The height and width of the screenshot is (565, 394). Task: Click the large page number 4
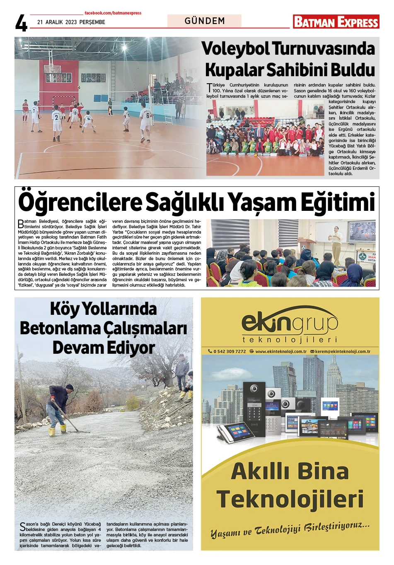(x=21, y=23)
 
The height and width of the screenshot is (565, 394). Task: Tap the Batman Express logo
(x=336, y=22)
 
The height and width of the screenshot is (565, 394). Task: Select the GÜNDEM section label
(x=205, y=21)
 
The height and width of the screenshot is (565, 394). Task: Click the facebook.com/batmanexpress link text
(x=113, y=13)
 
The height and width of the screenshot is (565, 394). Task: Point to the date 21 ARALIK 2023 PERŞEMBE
(x=71, y=22)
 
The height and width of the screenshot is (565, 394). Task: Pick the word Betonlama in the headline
(x=58, y=328)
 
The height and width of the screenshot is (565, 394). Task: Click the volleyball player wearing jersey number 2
(x=57, y=121)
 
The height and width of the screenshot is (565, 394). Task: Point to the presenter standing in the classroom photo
(x=336, y=244)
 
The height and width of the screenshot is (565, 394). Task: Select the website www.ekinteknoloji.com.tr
(x=280, y=351)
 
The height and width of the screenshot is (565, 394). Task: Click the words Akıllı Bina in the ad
(x=290, y=471)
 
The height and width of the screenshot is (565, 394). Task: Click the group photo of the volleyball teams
(x=265, y=138)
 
